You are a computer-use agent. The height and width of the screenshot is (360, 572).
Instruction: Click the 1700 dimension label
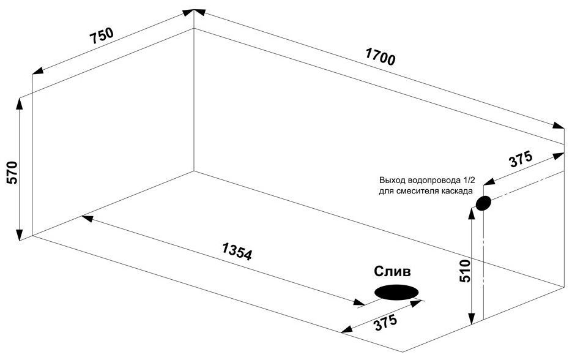pos(381,56)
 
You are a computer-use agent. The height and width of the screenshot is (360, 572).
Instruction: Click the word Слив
pos(393,271)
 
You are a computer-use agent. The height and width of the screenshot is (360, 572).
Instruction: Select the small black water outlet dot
pos(483,203)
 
